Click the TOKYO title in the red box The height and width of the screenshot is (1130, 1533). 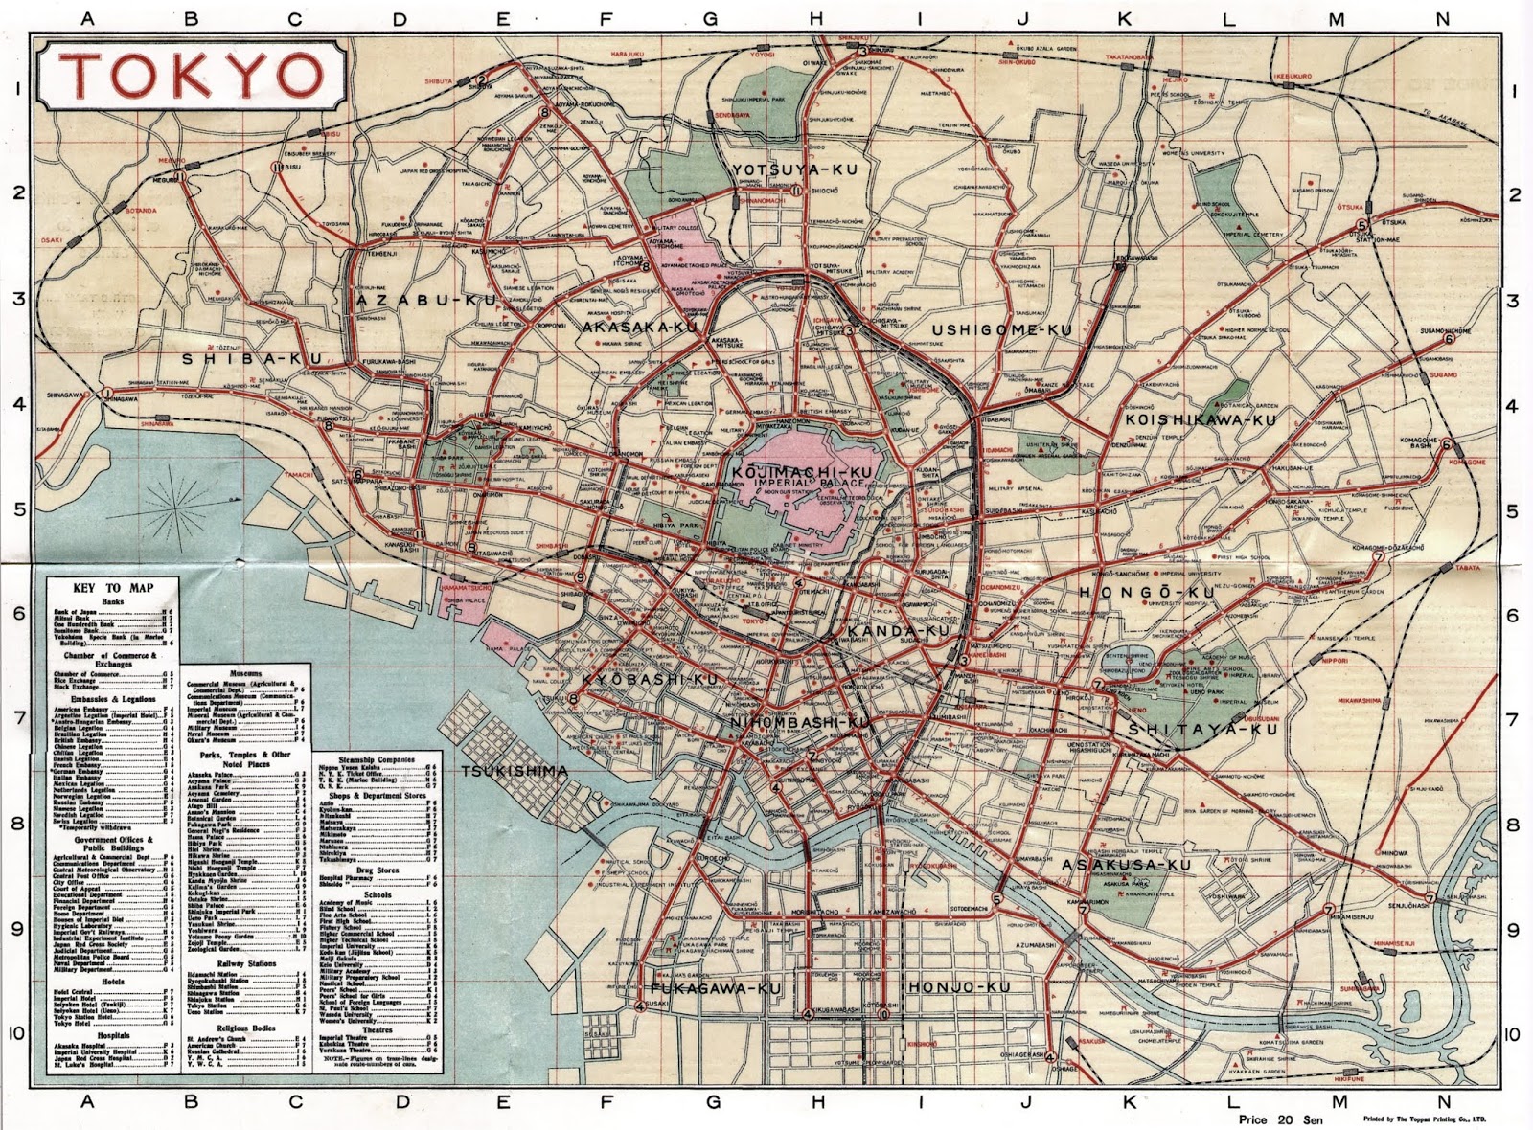click(x=192, y=76)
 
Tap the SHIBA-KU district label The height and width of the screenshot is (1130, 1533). click(x=252, y=359)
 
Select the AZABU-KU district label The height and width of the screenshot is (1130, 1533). click(x=428, y=300)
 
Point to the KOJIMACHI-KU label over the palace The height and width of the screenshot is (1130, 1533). click(x=802, y=472)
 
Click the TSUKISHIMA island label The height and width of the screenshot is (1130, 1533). click(x=514, y=771)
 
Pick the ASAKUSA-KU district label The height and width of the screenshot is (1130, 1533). click(x=1126, y=865)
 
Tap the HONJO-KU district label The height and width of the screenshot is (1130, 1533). click(x=959, y=987)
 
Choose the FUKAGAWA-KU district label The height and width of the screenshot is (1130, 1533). click(x=716, y=988)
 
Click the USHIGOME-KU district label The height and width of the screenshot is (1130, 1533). click(x=1001, y=330)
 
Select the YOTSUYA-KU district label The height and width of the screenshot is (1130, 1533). click(x=794, y=169)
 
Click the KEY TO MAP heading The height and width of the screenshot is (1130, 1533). click(x=113, y=588)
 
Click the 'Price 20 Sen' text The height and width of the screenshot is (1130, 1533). click(x=1280, y=1119)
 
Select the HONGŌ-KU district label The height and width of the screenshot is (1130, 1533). click(x=1146, y=593)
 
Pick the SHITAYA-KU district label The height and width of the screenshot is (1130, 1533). click(x=1202, y=729)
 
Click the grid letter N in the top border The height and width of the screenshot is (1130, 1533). click(x=1443, y=19)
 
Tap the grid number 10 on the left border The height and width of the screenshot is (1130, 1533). click(x=19, y=1033)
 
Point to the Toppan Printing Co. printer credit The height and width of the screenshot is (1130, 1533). click(x=1426, y=1119)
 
